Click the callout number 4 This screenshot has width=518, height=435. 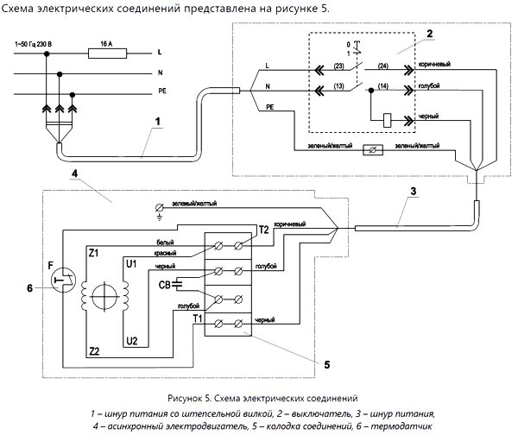tap(75, 172)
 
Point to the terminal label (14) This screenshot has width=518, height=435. tap(385, 87)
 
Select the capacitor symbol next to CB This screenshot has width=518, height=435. tap(179, 283)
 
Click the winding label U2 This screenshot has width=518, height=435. tap(131, 339)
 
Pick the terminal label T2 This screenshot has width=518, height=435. tap(263, 229)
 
